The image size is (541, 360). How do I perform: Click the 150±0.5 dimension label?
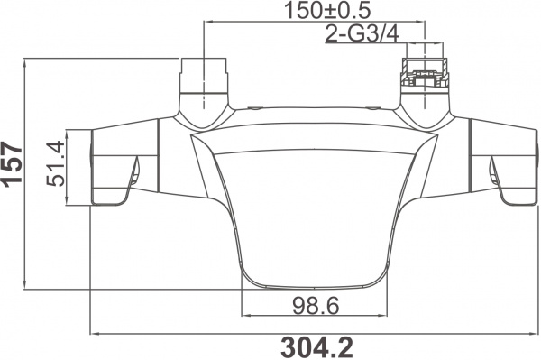[327, 10]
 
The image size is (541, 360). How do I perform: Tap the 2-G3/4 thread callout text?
[362, 34]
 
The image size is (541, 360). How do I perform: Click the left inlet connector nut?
[205, 77]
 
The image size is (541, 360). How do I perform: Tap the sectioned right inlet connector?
[425, 77]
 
